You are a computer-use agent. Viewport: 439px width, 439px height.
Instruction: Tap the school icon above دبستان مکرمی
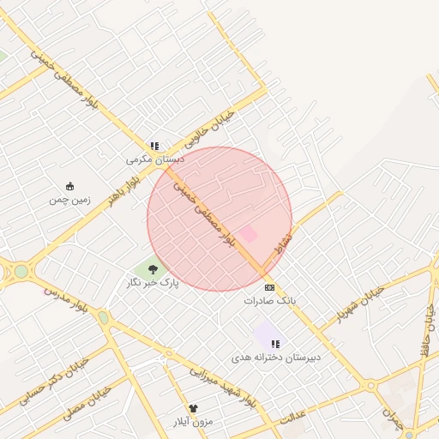point(154,147)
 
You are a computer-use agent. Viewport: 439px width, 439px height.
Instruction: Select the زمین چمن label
point(69,199)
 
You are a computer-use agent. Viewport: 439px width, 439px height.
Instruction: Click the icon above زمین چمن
point(70,186)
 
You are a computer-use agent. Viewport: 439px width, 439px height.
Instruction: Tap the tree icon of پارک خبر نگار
point(153,269)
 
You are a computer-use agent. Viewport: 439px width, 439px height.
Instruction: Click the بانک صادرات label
point(269,301)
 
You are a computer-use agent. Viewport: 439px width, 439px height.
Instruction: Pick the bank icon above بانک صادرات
point(270,287)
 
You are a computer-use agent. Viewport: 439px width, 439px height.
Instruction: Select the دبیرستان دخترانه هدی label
point(275,357)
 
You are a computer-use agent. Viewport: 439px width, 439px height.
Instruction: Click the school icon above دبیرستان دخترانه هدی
point(275,344)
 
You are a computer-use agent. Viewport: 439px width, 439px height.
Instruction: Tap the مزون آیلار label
point(193,422)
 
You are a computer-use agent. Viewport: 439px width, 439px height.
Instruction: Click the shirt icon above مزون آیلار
point(193,409)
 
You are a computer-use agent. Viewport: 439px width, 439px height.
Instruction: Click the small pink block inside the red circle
point(248,233)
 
